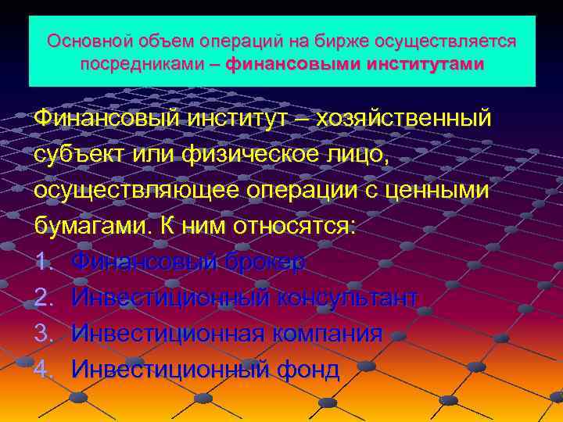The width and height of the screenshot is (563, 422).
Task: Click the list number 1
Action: coord(43,263)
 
